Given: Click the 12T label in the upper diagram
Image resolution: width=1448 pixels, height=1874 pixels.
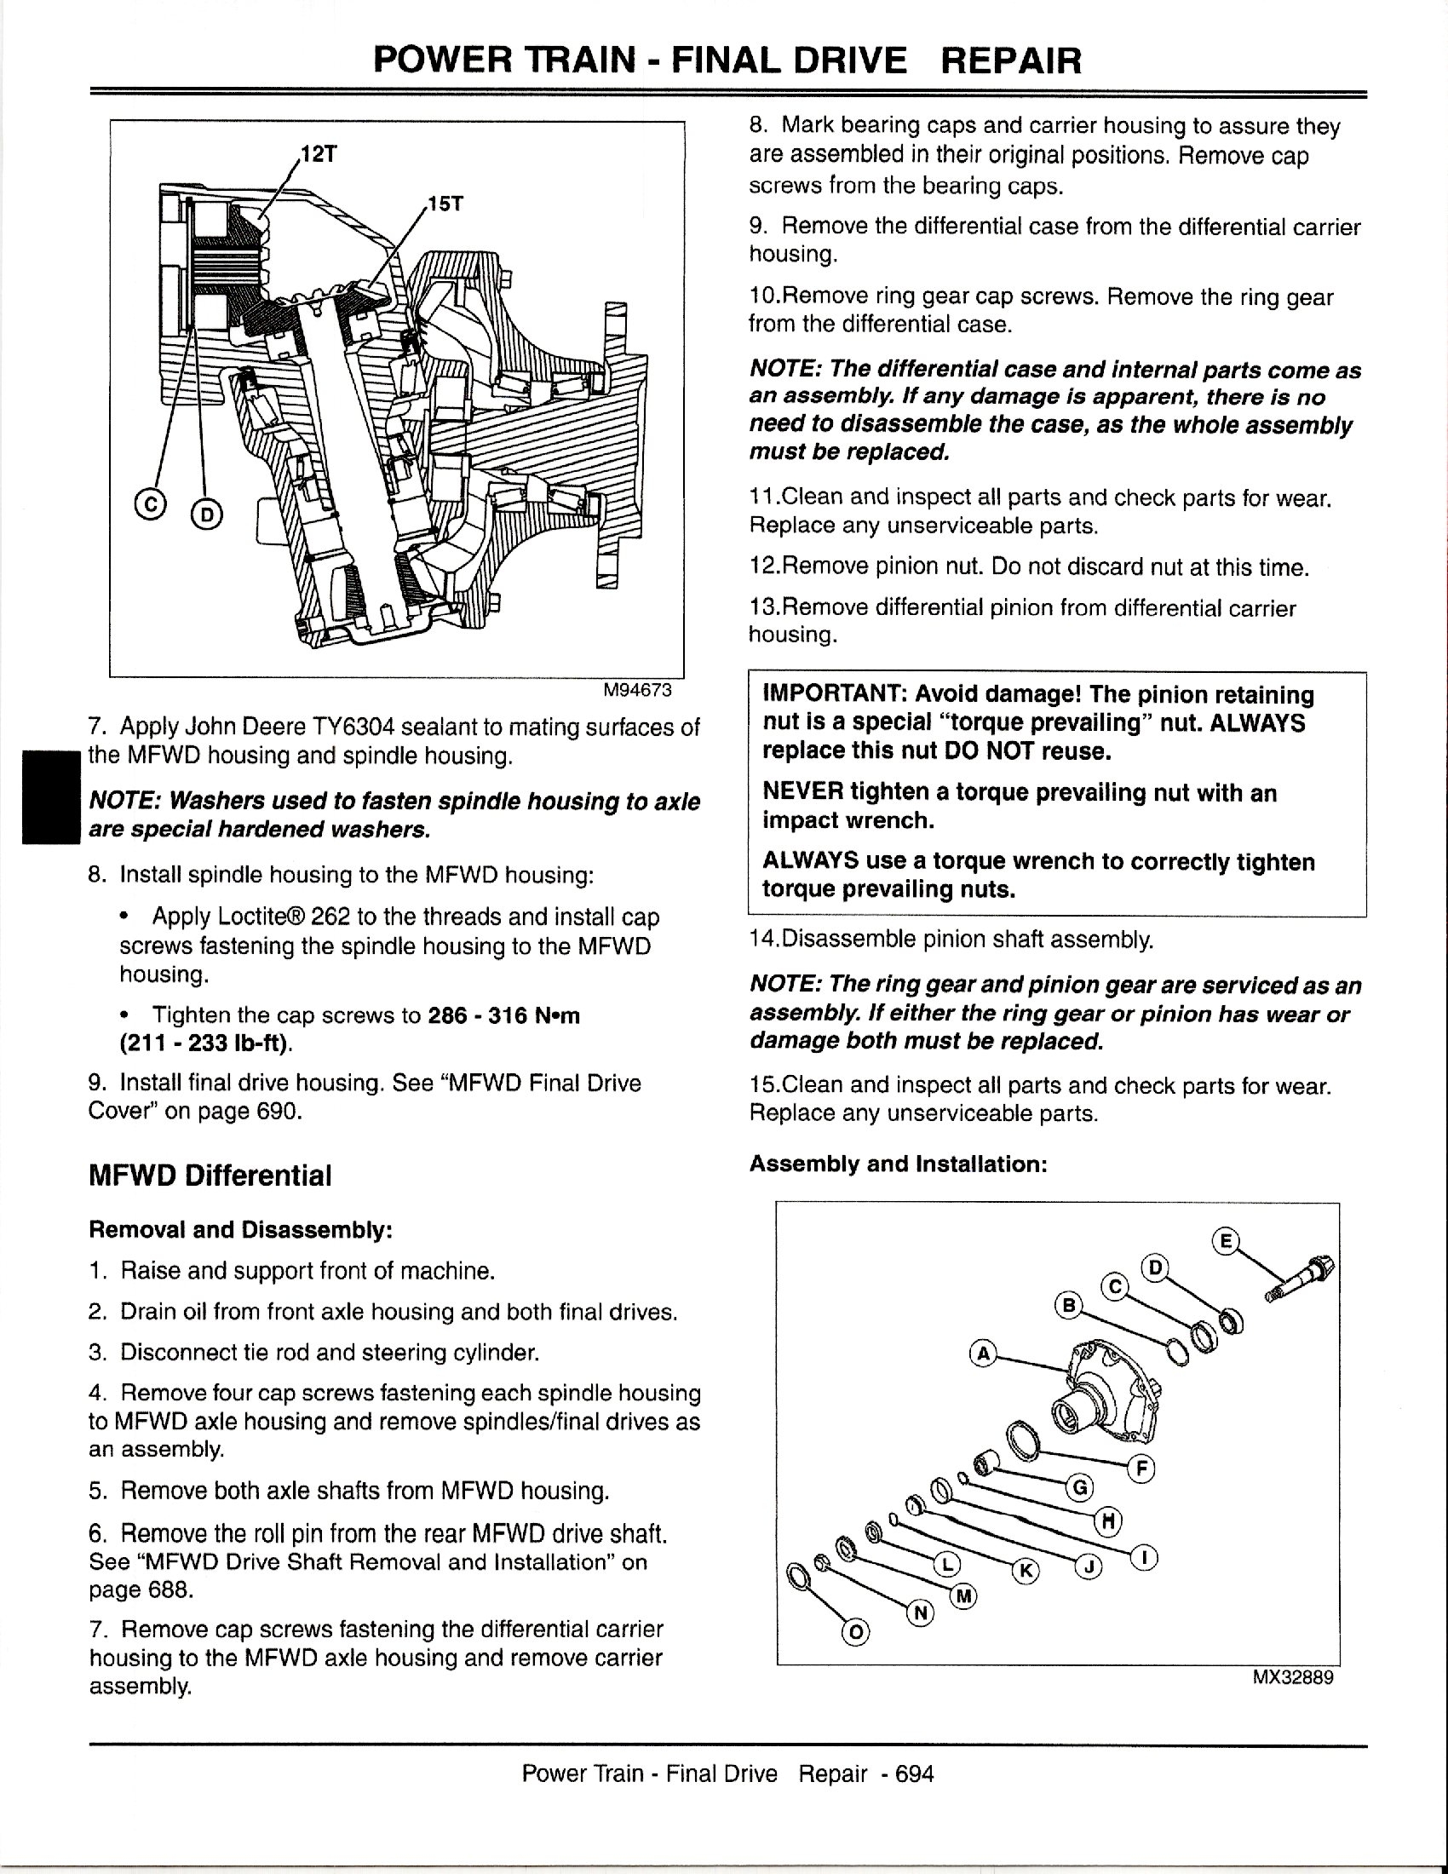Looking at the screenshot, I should coord(319,154).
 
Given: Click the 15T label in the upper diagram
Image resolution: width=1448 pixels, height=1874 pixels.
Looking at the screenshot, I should coord(445,204).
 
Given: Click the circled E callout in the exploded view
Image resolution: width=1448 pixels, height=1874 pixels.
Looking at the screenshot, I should coord(1226,1241).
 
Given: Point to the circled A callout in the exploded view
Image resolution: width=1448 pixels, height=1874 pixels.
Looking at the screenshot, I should coord(983,1354).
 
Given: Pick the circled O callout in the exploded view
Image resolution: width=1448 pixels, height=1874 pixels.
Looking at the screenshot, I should coord(854,1633).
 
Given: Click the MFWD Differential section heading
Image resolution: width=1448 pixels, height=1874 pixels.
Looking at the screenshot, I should coord(210,1176).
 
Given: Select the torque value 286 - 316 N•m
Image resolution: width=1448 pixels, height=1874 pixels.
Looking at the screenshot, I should coord(503,1016).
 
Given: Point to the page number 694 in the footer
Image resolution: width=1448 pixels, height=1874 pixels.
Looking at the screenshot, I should coord(915,1773).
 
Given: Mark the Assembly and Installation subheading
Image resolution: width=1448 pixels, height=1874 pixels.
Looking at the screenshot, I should coord(898,1164).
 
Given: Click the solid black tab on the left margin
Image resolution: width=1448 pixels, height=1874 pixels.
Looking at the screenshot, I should coord(50,797).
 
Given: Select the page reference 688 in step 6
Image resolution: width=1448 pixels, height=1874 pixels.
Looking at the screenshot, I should coord(175,1590).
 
